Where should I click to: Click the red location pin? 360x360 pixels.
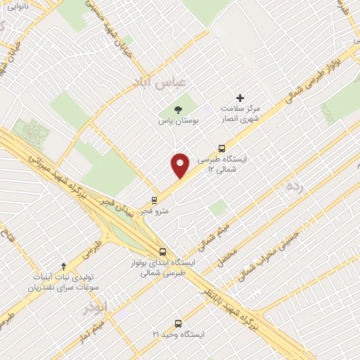[x=181, y=165]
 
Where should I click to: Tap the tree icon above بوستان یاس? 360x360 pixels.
[x=177, y=109]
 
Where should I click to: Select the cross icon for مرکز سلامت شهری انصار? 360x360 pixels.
[x=240, y=98]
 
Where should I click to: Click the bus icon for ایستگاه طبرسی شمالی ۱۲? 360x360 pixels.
[x=221, y=148]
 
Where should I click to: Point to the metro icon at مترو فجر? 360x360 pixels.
[x=155, y=200]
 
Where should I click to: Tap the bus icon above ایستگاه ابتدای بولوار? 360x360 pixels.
[x=163, y=251]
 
